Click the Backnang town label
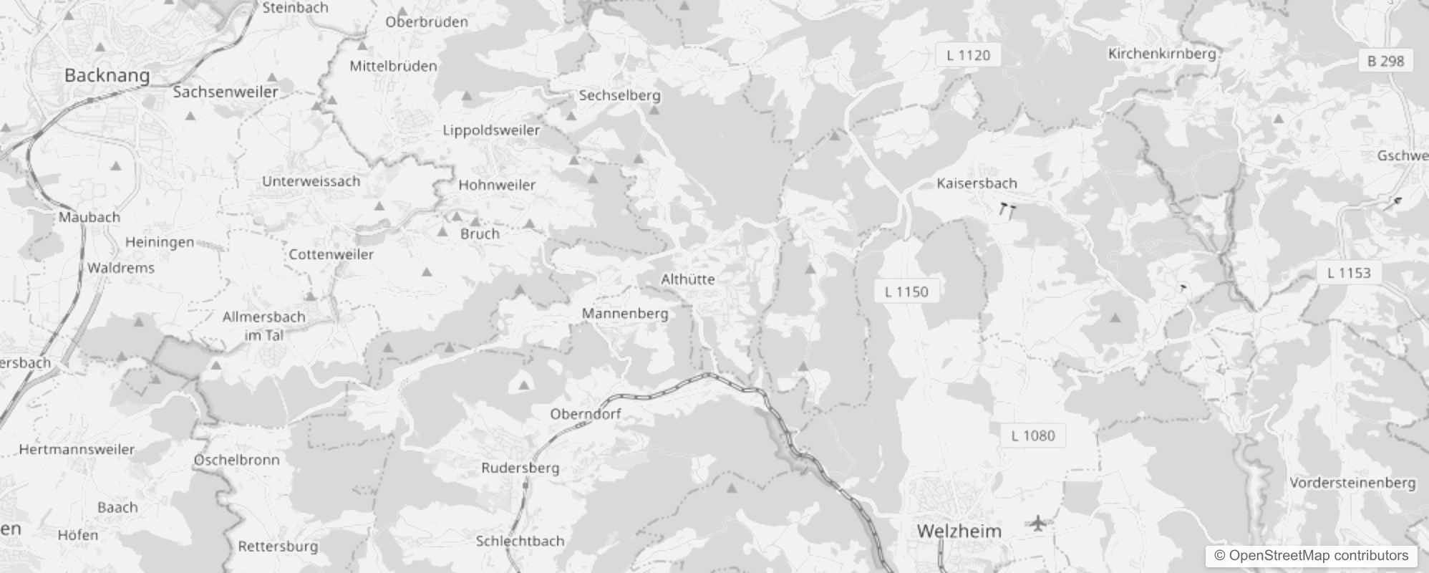pos(107,75)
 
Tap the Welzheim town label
pos(959,531)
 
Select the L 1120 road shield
pos(968,55)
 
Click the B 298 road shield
pos(1385,61)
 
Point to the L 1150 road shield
pos(906,292)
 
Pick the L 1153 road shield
pos(1348,273)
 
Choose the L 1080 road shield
pos(1032,435)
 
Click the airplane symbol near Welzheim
pos(1037,524)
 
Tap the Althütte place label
pos(687,279)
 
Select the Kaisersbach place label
pos(977,183)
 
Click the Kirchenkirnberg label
pos(1161,54)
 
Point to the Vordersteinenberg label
pos(1352,483)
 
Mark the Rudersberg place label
pos(520,468)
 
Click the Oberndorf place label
pos(585,414)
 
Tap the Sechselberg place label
pos(619,95)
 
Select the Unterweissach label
pos(311,181)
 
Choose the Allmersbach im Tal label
pos(263,326)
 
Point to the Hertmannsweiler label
pos(77,450)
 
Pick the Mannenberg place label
pos(624,314)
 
